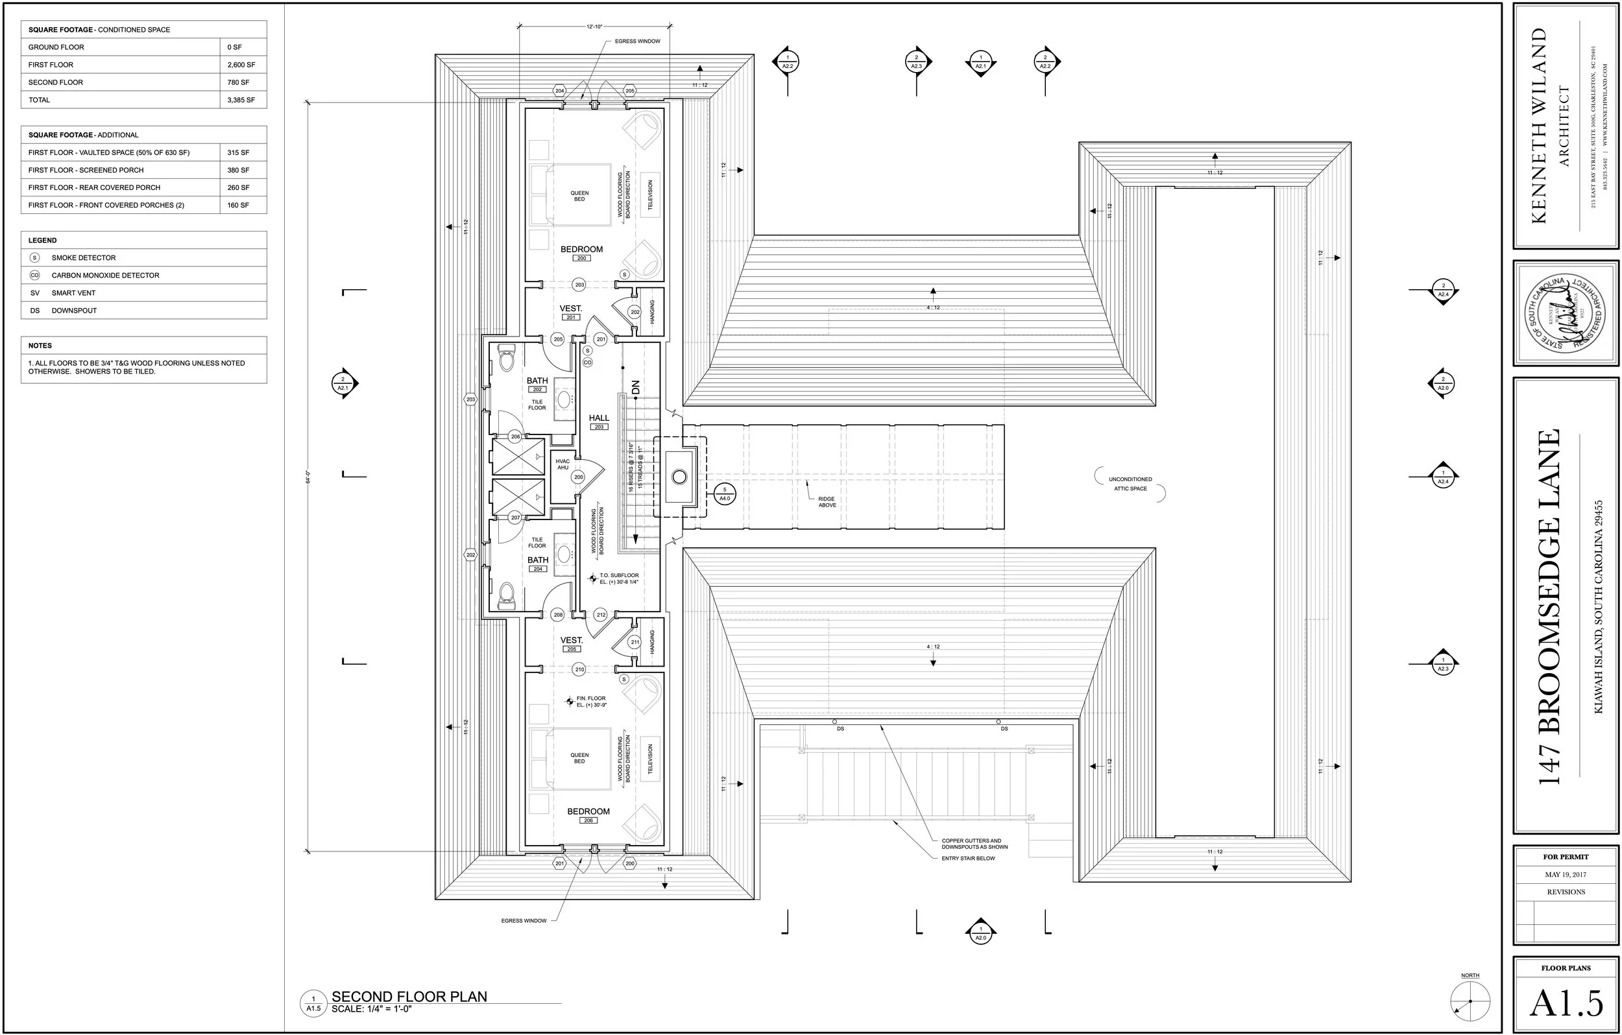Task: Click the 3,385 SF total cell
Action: (x=241, y=100)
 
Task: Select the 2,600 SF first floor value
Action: (x=241, y=65)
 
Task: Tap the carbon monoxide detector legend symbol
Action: (x=35, y=276)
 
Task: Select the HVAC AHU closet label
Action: (x=563, y=464)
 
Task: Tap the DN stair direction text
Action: (x=635, y=387)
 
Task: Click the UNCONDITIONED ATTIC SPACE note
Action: (x=1130, y=484)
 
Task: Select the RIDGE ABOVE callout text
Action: (x=827, y=503)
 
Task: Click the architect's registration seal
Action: (x=1566, y=313)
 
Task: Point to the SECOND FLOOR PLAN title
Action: (x=409, y=997)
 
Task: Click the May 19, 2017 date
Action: (x=1566, y=875)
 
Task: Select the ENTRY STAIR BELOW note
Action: (x=968, y=859)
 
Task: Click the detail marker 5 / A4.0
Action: (x=725, y=494)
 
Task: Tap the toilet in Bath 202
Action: (x=507, y=357)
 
